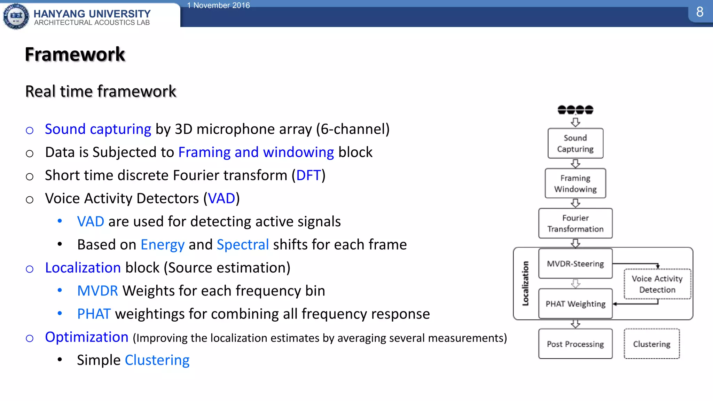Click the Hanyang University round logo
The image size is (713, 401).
pyautogui.click(x=16, y=16)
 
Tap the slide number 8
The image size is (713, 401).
pyautogui.click(x=700, y=12)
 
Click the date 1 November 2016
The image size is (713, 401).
pyautogui.click(x=218, y=5)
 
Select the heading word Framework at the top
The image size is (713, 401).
pyautogui.click(x=75, y=54)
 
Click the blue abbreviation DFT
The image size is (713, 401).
pyautogui.click(x=308, y=175)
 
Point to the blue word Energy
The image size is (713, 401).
pyautogui.click(x=162, y=244)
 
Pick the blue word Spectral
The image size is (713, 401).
pyautogui.click(x=243, y=244)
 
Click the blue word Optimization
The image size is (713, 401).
pyautogui.click(x=87, y=337)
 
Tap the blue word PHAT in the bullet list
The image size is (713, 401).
pyautogui.click(x=94, y=314)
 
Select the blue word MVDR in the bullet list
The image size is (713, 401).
pyautogui.click(x=97, y=291)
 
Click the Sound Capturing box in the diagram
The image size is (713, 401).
pyautogui.click(x=575, y=143)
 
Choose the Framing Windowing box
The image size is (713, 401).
pyautogui.click(x=575, y=183)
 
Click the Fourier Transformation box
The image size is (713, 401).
pyautogui.click(x=575, y=223)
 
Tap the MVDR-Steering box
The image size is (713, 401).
pyautogui.click(x=575, y=264)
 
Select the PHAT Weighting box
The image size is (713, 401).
pyautogui.click(x=575, y=304)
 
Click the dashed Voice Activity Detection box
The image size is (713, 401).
pyautogui.click(x=657, y=284)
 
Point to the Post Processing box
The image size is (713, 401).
pyautogui.click(x=575, y=344)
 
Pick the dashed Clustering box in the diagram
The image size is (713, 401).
pyautogui.click(x=651, y=344)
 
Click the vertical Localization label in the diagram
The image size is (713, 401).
pyautogui.click(x=525, y=283)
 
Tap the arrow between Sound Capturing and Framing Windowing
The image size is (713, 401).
pyautogui.click(x=575, y=163)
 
